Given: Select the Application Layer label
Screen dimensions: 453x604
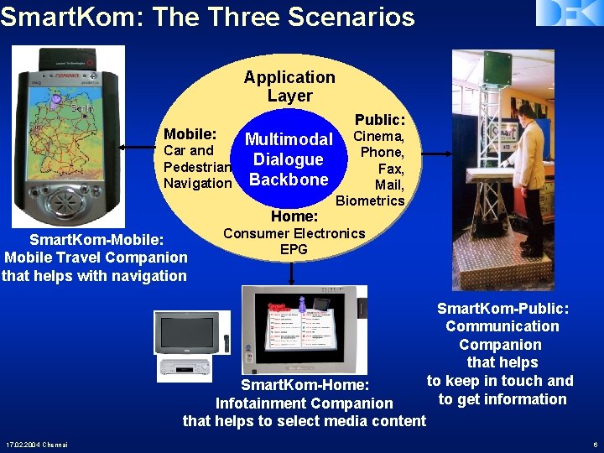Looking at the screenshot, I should (x=289, y=86).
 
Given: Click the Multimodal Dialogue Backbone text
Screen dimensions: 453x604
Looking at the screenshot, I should (x=289, y=159).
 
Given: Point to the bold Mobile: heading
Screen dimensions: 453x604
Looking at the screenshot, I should (x=190, y=134).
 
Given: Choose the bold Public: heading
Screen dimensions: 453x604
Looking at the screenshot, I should (x=379, y=120).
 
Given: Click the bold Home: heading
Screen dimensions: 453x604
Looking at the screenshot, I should (x=293, y=217).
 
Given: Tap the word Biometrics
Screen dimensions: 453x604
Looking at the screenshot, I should (x=370, y=200).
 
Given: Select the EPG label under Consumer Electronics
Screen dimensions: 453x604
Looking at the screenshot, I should (x=294, y=249).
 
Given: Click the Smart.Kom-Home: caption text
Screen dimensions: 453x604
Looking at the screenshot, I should (x=305, y=385).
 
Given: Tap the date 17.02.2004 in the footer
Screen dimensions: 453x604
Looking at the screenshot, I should (x=23, y=444).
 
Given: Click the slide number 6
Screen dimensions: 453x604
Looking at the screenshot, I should (x=594, y=444).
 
